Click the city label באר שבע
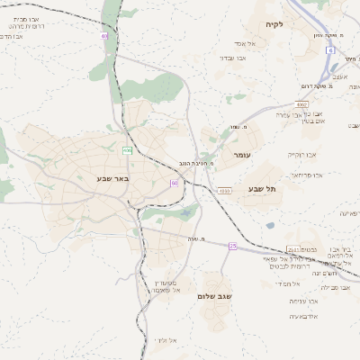click(113, 178)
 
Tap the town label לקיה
click(274, 24)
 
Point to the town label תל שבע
click(264, 187)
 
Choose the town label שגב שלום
click(214, 295)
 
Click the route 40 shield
click(104, 36)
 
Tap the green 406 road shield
click(128, 149)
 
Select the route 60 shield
click(175, 183)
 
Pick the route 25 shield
click(232, 245)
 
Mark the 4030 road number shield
click(224, 190)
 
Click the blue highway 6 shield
click(329, 50)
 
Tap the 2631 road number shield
click(292, 248)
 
